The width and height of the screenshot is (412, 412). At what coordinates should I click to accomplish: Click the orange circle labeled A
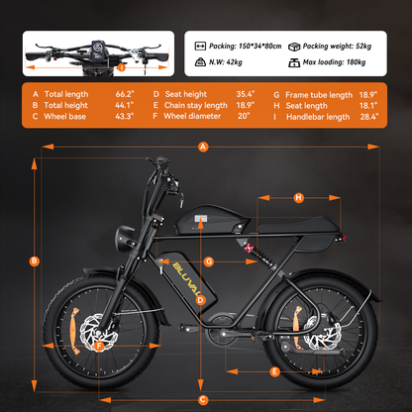[203, 147]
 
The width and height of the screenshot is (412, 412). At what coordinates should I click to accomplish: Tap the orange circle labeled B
[34, 261]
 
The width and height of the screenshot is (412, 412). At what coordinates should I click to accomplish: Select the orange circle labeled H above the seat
[299, 198]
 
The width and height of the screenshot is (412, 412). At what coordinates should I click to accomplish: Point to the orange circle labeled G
[209, 261]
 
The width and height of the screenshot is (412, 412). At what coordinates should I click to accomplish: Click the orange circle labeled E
[274, 371]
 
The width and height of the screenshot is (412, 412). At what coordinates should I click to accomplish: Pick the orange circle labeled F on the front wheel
[99, 346]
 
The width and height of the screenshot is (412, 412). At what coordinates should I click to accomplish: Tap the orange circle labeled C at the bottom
[203, 400]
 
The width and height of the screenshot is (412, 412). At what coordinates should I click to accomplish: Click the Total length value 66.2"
[125, 94]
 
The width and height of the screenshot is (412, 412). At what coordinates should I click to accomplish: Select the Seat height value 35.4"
[246, 94]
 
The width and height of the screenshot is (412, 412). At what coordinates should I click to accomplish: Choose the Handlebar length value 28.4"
[369, 117]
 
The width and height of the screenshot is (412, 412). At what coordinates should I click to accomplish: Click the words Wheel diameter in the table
[192, 116]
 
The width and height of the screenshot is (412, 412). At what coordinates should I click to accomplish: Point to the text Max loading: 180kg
[334, 62]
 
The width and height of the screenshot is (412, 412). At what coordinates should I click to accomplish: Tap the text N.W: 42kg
[226, 62]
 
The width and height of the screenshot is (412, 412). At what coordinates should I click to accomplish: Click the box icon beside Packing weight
[294, 47]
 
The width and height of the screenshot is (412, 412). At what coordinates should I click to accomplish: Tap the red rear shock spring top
[249, 247]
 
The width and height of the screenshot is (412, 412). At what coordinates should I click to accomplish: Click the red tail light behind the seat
[345, 239]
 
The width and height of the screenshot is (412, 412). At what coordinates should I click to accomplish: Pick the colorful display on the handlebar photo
[97, 51]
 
